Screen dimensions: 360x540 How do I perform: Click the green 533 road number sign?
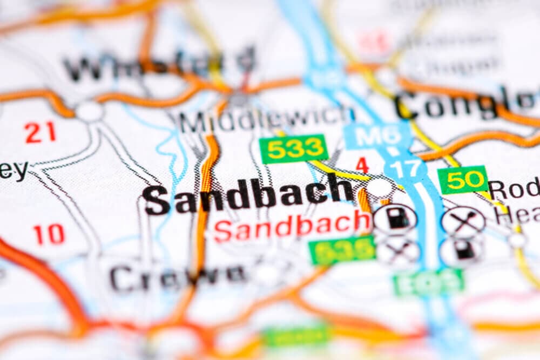point(293,149)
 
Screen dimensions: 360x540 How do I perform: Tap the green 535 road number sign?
point(342,250)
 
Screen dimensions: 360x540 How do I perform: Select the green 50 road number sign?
point(462,180)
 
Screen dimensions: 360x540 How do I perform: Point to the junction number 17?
point(405,168)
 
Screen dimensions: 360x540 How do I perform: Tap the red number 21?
point(40,132)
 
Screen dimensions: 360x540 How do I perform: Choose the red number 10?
point(49,234)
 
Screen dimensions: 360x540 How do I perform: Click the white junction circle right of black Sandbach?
point(380,188)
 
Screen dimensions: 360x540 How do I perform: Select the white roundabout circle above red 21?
point(90,111)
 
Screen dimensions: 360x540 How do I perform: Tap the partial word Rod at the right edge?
point(514,189)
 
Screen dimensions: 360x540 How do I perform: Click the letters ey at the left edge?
point(13,171)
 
